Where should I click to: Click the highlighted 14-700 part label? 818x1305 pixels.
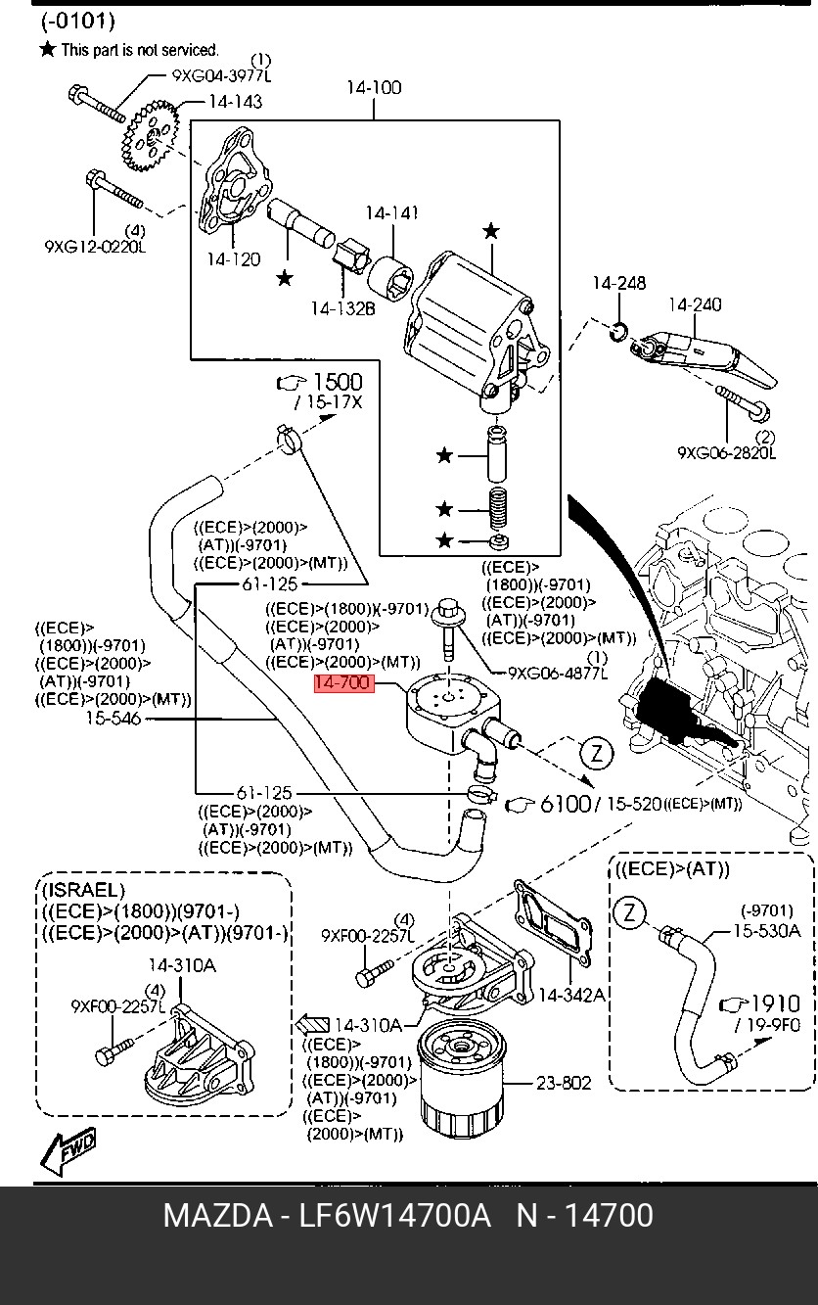point(343,683)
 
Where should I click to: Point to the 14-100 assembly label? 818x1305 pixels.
point(373,88)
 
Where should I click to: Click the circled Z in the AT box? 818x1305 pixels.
point(630,914)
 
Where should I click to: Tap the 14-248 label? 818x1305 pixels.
point(618,284)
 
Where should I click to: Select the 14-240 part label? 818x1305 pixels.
point(695,304)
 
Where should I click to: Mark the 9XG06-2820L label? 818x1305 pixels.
point(727,453)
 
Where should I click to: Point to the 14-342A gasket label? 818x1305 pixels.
point(572,996)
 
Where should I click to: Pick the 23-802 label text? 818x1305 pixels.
point(564,1083)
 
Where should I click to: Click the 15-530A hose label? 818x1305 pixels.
point(767,930)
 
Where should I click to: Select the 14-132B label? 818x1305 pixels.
point(343,309)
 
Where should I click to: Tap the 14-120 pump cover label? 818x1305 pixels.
point(233,259)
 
